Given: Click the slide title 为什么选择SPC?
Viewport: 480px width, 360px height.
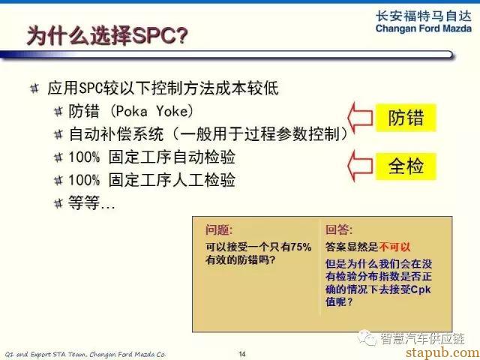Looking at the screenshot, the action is pyautogui.click(x=107, y=36).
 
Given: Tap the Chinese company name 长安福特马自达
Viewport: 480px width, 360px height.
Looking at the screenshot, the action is pyautogui.click(x=424, y=16).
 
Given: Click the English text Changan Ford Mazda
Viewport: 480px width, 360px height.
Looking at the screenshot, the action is pyautogui.click(x=424, y=28).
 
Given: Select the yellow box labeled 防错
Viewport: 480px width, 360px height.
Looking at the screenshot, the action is pyautogui.click(x=406, y=118).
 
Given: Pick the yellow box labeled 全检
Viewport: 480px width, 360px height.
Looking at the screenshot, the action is pyautogui.click(x=406, y=166).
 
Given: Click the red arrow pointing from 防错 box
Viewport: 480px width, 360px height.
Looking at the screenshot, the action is pyautogui.click(x=360, y=118).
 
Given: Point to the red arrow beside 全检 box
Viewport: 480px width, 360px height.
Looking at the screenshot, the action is pyautogui.click(x=360, y=166).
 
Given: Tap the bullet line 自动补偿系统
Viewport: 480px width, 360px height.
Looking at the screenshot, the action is pyautogui.click(x=115, y=134).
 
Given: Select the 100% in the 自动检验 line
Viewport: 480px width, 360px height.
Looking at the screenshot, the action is pyautogui.click(x=84, y=157).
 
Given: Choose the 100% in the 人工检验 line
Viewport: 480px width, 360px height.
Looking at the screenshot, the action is pyautogui.click(x=84, y=180).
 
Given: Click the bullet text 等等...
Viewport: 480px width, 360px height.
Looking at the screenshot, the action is pyautogui.click(x=91, y=203).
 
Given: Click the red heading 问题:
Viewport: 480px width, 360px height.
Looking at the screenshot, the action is pyautogui.click(x=219, y=230).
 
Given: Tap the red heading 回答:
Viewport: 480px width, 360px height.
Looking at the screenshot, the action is pyautogui.click(x=339, y=230).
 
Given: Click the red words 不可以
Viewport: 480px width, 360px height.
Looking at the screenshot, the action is pyautogui.click(x=394, y=247).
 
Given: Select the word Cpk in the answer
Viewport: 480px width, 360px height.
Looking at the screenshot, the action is pyautogui.click(x=421, y=289).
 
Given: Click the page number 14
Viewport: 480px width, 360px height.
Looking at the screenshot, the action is pyautogui.click(x=242, y=354).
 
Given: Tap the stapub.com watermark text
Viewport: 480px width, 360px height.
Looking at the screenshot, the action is pyautogui.click(x=442, y=352).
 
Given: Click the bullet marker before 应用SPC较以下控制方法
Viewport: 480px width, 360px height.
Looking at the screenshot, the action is pyautogui.click(x=34, y=88).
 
